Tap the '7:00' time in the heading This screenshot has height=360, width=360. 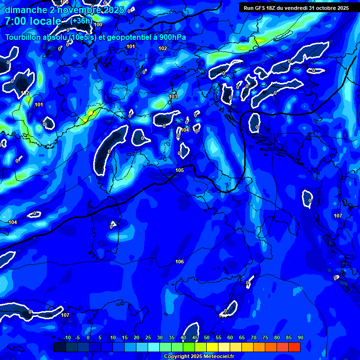(17, 22)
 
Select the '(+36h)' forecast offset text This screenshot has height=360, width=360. (81, 21)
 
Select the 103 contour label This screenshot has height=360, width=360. (173, 97)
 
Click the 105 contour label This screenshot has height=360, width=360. (180, 170)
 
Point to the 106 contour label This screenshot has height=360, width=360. (180, 262)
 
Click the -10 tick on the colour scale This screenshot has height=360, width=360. (67, 338)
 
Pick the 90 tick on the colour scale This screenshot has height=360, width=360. (300, 338)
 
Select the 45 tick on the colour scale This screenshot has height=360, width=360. (195, 338)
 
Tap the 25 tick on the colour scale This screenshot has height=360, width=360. (148, 338)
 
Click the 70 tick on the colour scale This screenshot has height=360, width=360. (254, 338)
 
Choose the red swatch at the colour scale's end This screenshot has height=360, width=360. (294, 347)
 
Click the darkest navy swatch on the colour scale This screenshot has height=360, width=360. (60, 347)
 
